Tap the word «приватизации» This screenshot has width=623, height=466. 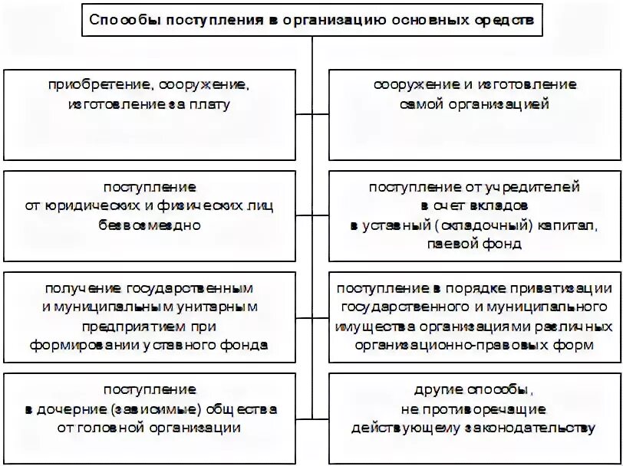click(x=564, y=288)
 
